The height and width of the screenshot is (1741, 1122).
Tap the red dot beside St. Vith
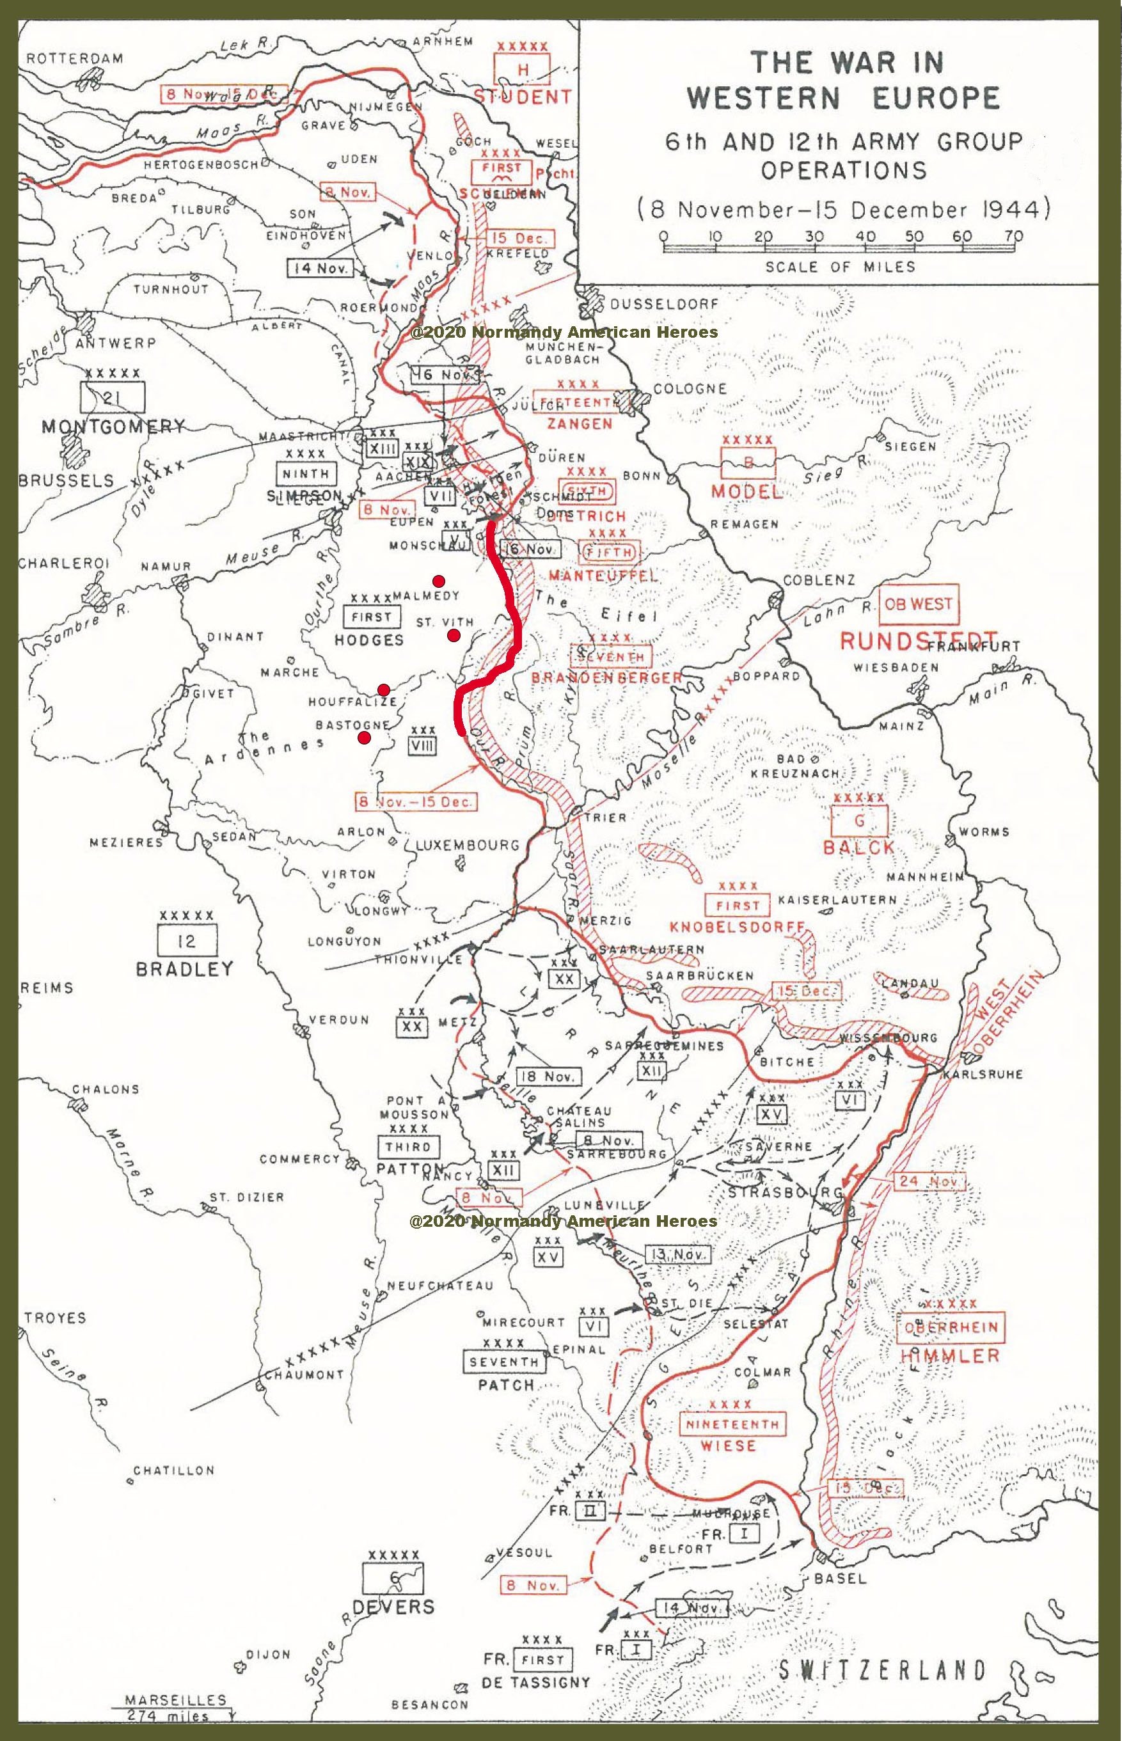point(453,635)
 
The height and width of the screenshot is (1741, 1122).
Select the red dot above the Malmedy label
point(439,581)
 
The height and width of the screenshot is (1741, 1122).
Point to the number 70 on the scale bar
point(1013,236)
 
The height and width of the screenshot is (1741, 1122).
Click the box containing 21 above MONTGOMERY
point(113,398)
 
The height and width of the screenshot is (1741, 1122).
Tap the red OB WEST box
point(918,604)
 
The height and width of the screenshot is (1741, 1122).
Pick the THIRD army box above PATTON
point(408,1147)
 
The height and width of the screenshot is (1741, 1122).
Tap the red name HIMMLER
point(949,1355)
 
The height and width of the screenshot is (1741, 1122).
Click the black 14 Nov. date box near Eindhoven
point(320,268)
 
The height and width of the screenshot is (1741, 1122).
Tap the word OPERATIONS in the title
point(844,169)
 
